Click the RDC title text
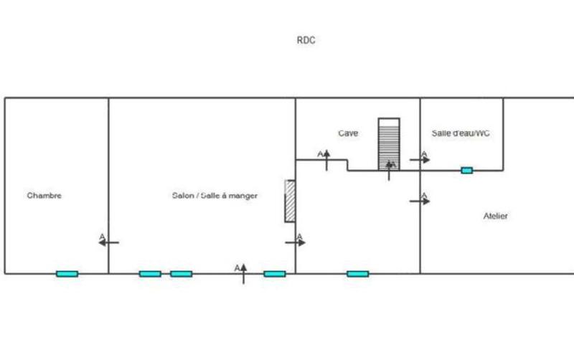click(x=306, y=40)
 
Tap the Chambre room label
click(x=44, y=195)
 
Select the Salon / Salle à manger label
click(x=215, y=195)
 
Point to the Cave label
click(x=348, y=133)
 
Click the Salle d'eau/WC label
click(x=461, y=133)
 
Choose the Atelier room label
click(x=496, y=216)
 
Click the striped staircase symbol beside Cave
click(x=389, y=143)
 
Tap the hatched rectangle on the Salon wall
click(x=290, y=201)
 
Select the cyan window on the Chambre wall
click(x=67, y=273)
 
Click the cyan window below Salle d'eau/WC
click(x=466, y=170)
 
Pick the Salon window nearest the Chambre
click(x=150, y=273)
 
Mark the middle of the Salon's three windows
click(x=181, y=273)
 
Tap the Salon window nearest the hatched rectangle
click(x=274, y=273)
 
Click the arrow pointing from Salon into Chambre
click(x=108, y=242)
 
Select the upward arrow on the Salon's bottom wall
click(x=243, y=273)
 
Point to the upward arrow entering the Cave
click(x=326, y=160)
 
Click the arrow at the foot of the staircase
click(x=389, y=171)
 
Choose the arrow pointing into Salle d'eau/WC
click(x=420, y=160)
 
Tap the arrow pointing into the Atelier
click(x=420, y=202)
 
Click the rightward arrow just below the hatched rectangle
click(x=295, y=242)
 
